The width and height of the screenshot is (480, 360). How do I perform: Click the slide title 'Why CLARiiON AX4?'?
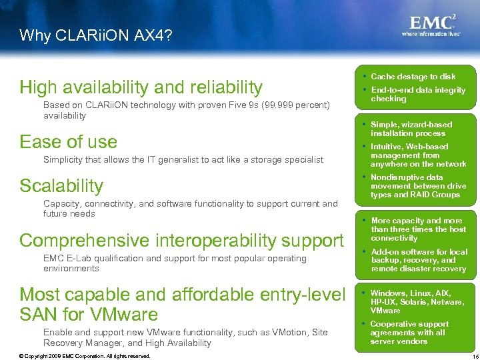[95, 35]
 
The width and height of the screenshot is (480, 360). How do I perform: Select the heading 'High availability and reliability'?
[141, 87]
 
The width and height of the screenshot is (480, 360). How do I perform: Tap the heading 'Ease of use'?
[68, 142]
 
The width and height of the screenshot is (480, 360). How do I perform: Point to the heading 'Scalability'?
[61, 186]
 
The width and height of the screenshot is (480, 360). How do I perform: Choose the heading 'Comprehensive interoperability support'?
[181, 240]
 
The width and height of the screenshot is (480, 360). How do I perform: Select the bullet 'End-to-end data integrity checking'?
[417, 95]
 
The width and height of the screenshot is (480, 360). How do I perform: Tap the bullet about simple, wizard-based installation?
[411, 129]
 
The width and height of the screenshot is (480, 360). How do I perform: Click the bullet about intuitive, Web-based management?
[418, 155]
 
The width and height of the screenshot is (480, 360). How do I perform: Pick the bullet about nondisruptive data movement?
[418, 186]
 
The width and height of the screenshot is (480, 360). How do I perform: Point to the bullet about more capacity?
[418, 229]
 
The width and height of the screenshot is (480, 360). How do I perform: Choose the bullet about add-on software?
[419, 261]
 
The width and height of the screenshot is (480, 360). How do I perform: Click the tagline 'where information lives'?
[431, 33]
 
